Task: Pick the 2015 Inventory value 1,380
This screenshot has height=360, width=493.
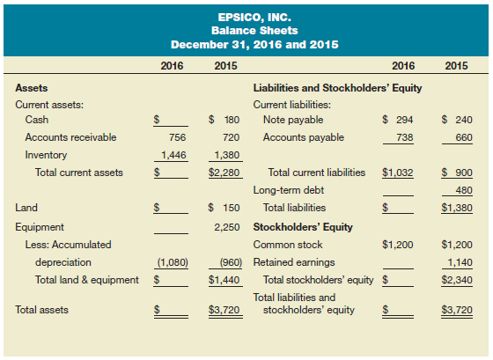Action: click(227, 155)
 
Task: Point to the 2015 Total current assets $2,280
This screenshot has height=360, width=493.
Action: click(225, 173)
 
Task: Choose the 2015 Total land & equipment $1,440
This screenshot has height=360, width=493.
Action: click(225, 280)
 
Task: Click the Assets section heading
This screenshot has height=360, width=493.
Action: click(32, 88)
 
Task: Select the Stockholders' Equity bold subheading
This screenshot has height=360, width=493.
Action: click(303, 227)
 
